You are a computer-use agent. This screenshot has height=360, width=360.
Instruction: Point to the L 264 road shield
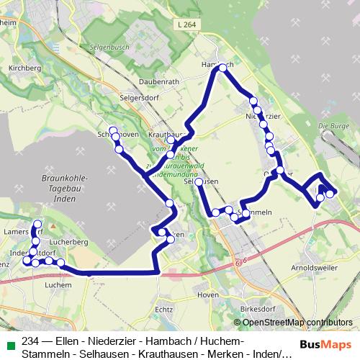pyautogui.click(x=184, y=25)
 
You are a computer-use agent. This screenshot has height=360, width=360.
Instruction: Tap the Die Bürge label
pyautogui.click(x=332, y=126)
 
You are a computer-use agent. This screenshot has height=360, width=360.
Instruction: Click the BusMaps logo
pyautogui.click(x=325, y=344)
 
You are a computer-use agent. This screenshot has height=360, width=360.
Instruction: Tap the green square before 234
pyautogui.click(x=9, y=341)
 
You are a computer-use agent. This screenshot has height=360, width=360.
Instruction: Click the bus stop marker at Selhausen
pyautogui.click(x=199, y=182)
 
